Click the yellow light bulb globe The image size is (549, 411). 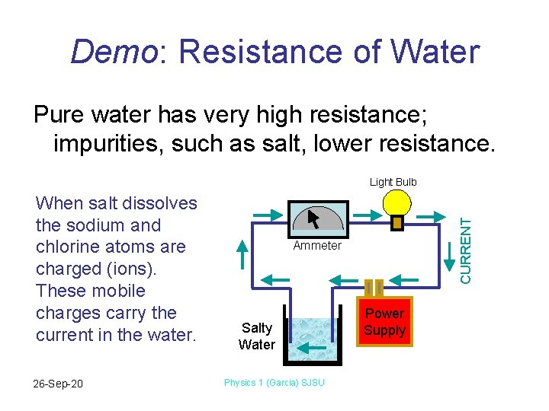click(396, 202)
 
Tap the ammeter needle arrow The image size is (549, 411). click(313, 218)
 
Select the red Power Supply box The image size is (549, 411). click(384, 321)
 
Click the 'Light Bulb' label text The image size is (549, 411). click(393, 182)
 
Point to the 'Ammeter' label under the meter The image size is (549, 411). click(317, 246)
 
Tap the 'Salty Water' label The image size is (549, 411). click(257, 336)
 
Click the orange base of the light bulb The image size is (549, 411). click(396, 223)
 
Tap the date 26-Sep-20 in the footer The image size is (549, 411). click(59, 383)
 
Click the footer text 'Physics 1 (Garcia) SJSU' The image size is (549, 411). click(274, 382)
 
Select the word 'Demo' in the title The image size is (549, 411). click(114, 53)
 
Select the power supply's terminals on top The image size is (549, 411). click(374, 288)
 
